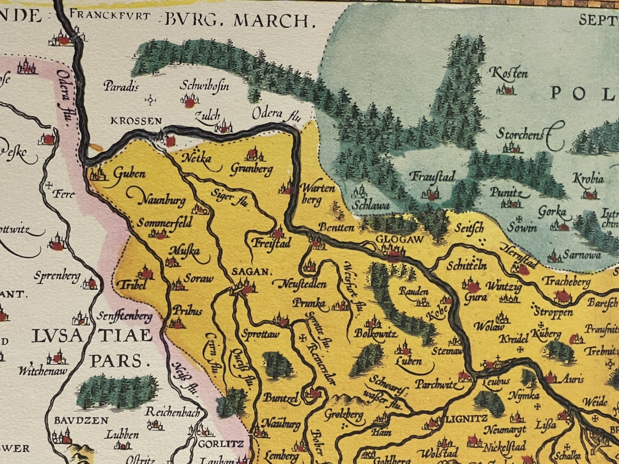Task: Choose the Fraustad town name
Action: coord(432,177)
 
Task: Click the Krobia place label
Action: coord(588,179)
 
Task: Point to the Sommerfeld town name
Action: coord(166,223)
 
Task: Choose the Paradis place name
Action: coord(121,86)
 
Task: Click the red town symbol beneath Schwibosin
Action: coord(190,103)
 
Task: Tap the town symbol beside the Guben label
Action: coord(97,174)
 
